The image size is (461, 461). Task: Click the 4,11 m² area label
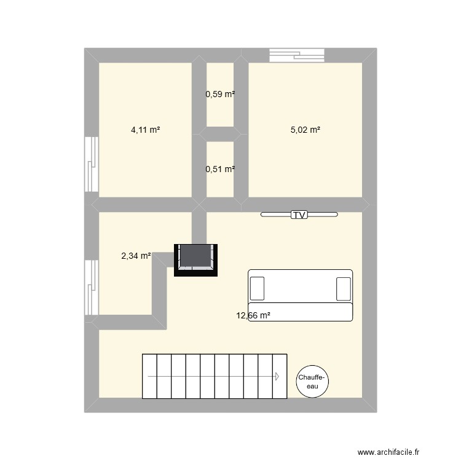click(x=146, y=130)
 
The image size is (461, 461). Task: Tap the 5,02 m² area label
click(x=305, y=130)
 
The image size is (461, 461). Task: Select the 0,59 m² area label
click(x=220, y=95)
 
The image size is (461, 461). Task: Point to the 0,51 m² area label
click(x=220, y=169)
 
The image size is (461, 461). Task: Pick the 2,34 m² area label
click(x=136, y=256)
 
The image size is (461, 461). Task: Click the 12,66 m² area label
click(x=253, y=316)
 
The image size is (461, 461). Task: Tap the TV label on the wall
click(x=299, y=215)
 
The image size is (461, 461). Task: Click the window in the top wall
click(x=296, y=55)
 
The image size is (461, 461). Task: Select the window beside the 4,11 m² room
click(x=92, y=165)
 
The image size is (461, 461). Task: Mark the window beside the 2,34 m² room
click(x=92, y=288)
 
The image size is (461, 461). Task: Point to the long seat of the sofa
click(x=300, y=312)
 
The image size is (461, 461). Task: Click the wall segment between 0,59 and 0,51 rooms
click(x=220, y=134)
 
